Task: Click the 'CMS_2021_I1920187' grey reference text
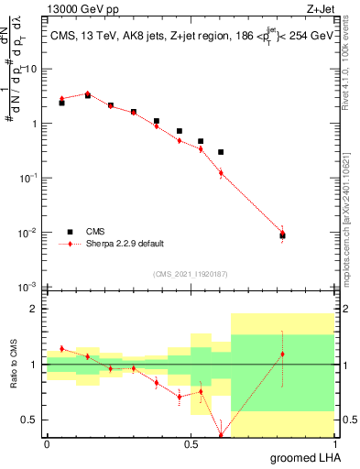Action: pos(190,273)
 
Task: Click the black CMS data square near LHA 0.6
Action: pos(221,152)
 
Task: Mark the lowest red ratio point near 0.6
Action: pos(221,435)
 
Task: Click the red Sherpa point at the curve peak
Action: pos(88,93)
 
